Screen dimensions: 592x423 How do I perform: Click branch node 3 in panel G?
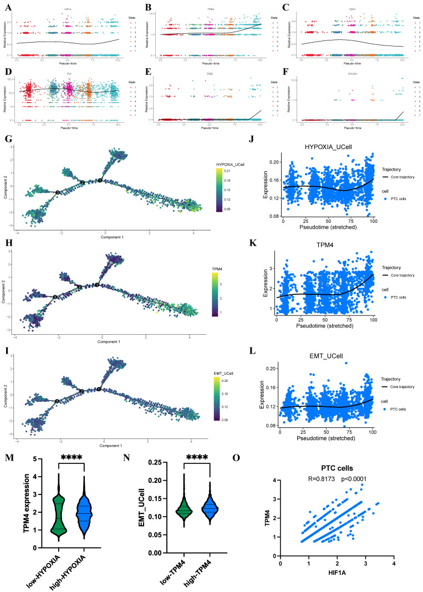click(58, 192)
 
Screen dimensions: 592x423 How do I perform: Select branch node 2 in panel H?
click(80, 287)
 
